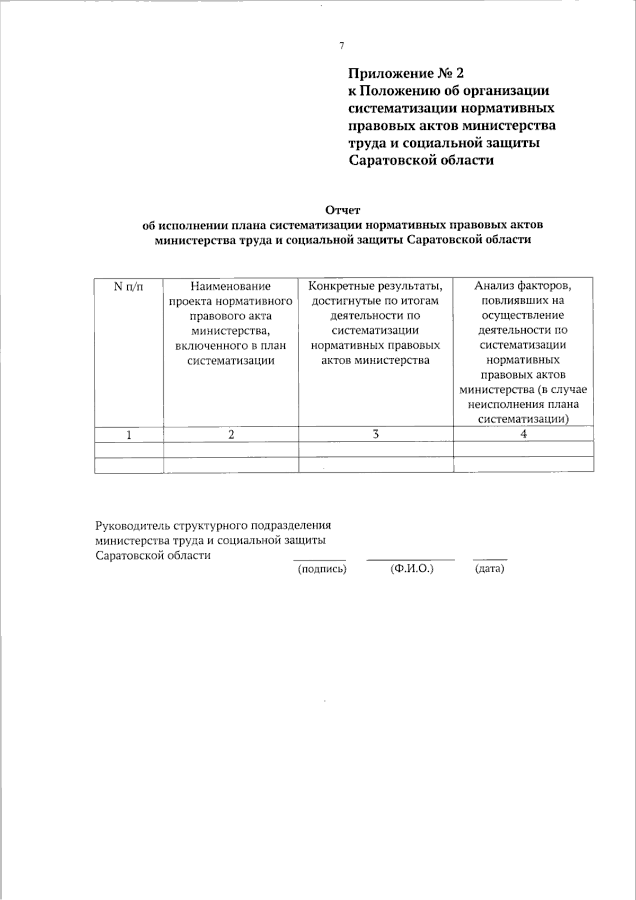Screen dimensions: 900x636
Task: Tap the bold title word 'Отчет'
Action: coord(342,210)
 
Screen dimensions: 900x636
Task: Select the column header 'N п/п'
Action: coord(128,287)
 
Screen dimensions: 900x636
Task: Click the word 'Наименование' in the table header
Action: coord(231,287)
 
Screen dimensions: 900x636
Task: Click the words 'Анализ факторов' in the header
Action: coord(523,286)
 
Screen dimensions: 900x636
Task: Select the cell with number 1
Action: coord(129,435)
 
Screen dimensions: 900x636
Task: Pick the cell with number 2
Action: coord(231,435)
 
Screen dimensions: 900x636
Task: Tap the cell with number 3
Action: coord(376,434)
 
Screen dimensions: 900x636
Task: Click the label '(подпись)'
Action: coord(322,570)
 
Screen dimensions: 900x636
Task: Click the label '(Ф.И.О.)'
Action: coord(411,569)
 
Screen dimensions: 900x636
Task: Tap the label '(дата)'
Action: coord(489,569)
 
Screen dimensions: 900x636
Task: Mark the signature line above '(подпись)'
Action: coord(320,560)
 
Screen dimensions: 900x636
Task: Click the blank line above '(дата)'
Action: coord(490,560)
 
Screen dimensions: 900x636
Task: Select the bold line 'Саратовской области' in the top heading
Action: coord(421,161)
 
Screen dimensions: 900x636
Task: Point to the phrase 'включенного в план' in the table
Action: coord(231,346)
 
